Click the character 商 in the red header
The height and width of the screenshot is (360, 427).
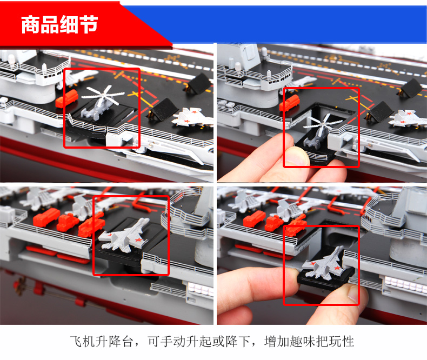[x=30, y=24]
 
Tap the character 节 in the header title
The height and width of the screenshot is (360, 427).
[x=89, y=24]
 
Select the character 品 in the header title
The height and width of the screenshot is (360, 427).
[x=50, y=24]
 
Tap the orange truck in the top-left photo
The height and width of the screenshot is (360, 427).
[x=66, y=98]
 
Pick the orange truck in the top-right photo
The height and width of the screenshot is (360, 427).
[x=290, y=103]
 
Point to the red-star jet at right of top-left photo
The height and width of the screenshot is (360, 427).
[x=192, y=117]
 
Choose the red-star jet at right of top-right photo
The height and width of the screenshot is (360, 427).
[x=408, y=118]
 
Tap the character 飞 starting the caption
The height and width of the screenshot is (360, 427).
[x=76, y=341]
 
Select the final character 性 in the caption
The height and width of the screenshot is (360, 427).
[x=348, y=341]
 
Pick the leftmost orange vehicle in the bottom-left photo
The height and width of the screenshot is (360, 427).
[x=46, y=217]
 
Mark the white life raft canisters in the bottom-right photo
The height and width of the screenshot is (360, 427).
[x=403, y=282]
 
